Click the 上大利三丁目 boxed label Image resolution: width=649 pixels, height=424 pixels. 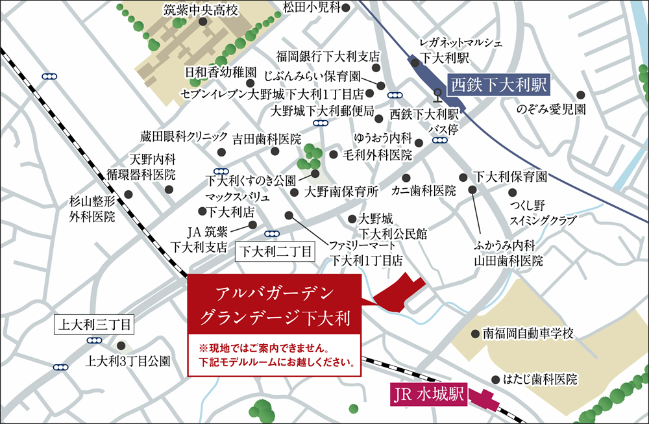pyautogui.click(x=95, y=323)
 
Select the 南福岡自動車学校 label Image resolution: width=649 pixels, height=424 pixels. pyautogui.click(x=529, y=334)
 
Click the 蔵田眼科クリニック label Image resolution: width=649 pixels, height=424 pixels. pyautogui.click(x=184, y=136)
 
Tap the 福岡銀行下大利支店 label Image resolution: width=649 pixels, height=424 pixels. pyautogui.click(x=328, y=56)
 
